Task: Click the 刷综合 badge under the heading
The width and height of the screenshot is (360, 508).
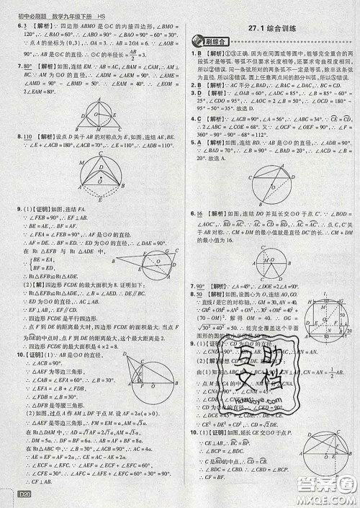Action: point(210,41)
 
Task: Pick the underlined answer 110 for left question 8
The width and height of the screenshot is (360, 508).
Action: point(31,136)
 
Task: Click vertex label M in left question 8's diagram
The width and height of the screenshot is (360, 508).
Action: point(81,165)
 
